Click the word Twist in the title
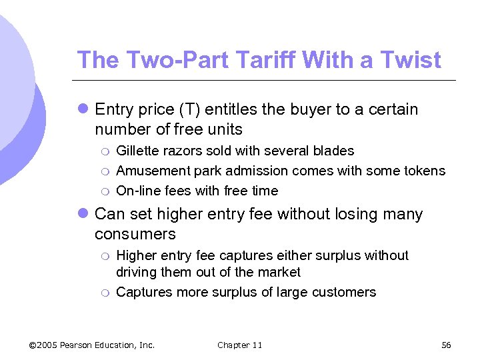pyautogui.click(x=411, y=60)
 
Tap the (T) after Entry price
pyautogui.click(x=175, y=109)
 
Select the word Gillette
pyautogui.click(x=139, y=151)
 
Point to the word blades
pyautogui.click(x=334, y=151)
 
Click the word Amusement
pyautogui.click(x=153, y=171)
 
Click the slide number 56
pyautogui.click(x=446, y=345)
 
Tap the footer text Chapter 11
pyautogui.click(x=240, y=345)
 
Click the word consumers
pyautogui.click(x=135, y=235)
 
